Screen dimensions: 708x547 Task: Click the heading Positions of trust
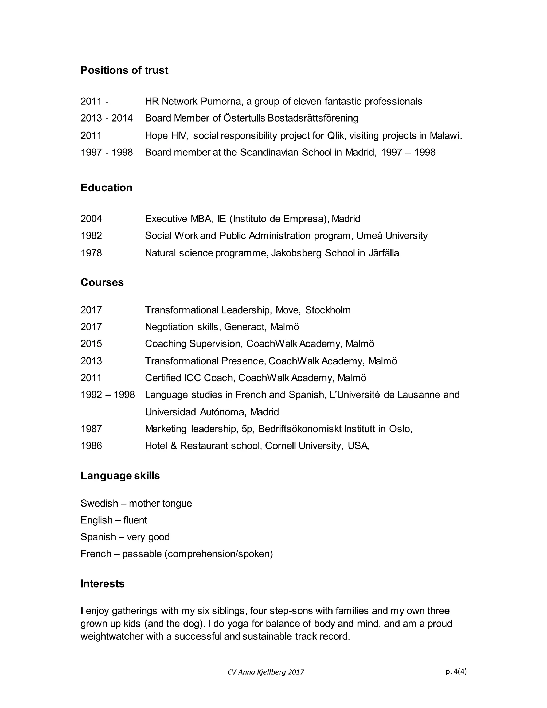[124, 70]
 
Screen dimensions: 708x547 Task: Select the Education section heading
[106, 188]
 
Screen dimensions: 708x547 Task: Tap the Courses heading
[102, 282]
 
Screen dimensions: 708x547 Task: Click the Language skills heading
[120, 476]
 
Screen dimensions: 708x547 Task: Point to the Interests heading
[102, 583]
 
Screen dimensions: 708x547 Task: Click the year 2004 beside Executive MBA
[91, 219]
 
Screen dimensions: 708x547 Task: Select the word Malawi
[445, 135]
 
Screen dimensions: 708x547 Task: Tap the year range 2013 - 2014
[107, 118]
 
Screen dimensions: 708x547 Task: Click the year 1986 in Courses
[91, 446]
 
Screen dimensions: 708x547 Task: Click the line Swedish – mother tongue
[136, 503]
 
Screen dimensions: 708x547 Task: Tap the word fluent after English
[135, 520]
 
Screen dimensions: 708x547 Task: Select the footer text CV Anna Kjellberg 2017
[266, 672]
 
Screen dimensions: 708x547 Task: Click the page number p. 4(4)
[456, 671]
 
